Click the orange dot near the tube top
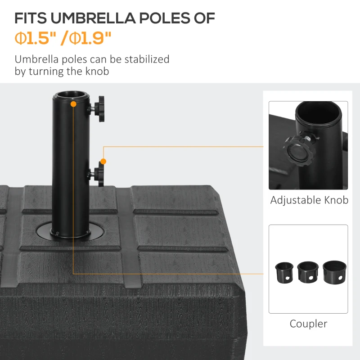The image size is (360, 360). tap(73, 104)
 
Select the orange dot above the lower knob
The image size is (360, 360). tap(103, 161)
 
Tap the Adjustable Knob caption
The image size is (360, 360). tap(309, 200)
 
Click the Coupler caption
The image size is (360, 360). tap(308, 324)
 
